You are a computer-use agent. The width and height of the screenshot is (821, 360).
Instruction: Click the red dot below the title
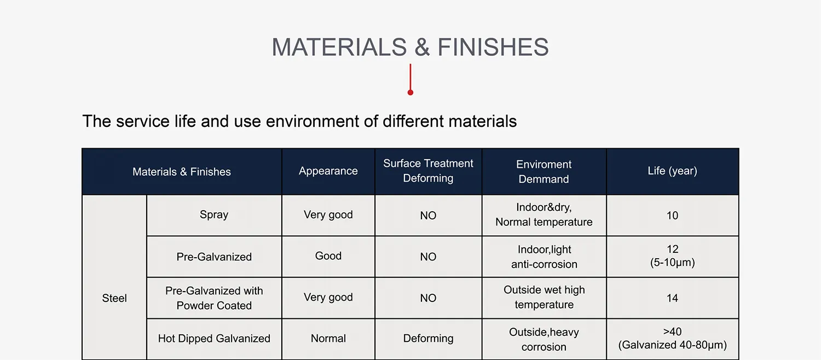pyautogui.click(x=410, y=92)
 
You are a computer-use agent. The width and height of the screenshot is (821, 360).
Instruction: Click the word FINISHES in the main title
pyautogui.click(x=493, y=47)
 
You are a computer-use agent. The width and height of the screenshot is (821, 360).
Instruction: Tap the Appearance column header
pyautogui.click(x=328, y=171)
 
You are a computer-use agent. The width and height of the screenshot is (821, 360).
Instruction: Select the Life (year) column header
pyautogui.click(x=672, y=171)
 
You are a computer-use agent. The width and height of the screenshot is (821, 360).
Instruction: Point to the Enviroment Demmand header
pyautogui.click(x=544, y=171)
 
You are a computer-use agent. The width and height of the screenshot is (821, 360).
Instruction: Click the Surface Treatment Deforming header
pyautogui.click(x=428, y=171)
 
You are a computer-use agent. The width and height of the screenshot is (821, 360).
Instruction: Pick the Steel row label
pyautogui.click(x=114, y=298)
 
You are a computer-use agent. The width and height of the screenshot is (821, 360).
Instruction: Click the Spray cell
pyautogui.click(x=214, y=214)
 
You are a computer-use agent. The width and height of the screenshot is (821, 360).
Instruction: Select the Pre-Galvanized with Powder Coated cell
pyautogui.click(x=214, y=298)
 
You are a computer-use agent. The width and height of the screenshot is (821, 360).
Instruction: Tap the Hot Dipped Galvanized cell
pyautogui.click(x=214, y=339)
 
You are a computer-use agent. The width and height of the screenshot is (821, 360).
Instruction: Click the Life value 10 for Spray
pyautogui.click(x=672, y=216)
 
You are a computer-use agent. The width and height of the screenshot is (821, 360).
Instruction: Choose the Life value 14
pyautogui.click(x=672, y=298)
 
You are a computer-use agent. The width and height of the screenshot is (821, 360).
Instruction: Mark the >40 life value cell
pyautogui.click(x=672, y=338)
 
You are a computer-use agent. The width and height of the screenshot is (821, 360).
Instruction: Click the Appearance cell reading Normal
pyautogui.click(x=328, y=339)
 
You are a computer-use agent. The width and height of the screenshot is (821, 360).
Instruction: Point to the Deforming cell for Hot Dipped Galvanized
pyautogui.click(x=428, y=339)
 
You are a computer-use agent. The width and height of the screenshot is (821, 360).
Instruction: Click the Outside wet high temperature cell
pyautogui.click(x=544, y=297)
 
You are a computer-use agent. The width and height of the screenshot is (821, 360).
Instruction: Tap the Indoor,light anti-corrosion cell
pyautogui.click(x=544, y=257)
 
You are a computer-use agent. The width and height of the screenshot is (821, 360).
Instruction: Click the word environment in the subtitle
pyautogui.click(x=313, y=121)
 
